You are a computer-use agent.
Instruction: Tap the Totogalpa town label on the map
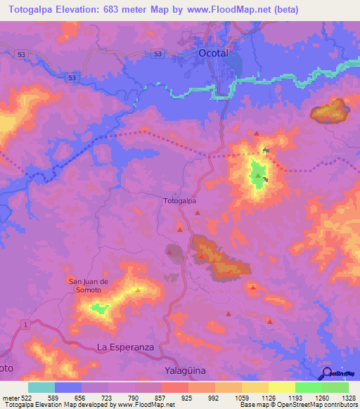[x=179, y=200]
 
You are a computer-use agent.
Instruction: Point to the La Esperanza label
[x=125, y=347]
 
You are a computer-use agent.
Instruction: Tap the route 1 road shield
[x=25, y=323]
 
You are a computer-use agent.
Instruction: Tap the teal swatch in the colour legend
[x=41, y=387]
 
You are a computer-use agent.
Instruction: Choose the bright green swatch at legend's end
[x=335, y=387]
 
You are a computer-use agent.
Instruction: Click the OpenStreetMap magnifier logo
[x=326, y=373]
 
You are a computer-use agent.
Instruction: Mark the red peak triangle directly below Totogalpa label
[x=180, y=228]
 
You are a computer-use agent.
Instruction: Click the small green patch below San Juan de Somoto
[x=99, y=307]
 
